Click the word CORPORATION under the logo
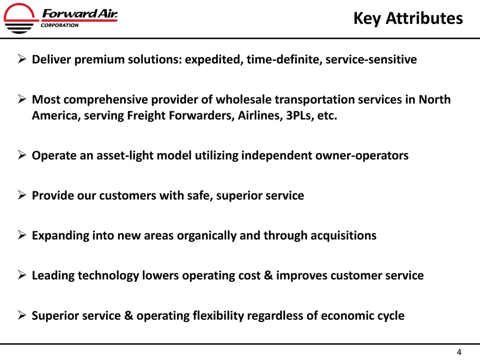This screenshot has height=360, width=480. (60, 26)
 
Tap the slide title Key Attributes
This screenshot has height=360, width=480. (408, 18)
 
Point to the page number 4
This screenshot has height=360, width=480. (459, 352)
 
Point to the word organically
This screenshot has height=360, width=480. (207, 236)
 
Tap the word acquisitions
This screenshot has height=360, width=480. (344, 236)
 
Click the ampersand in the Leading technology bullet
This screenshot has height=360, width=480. (268, 276)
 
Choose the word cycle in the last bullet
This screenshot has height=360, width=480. (390, 316)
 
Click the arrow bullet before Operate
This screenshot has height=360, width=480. (22, 155)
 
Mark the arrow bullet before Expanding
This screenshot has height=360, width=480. (22, 235)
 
